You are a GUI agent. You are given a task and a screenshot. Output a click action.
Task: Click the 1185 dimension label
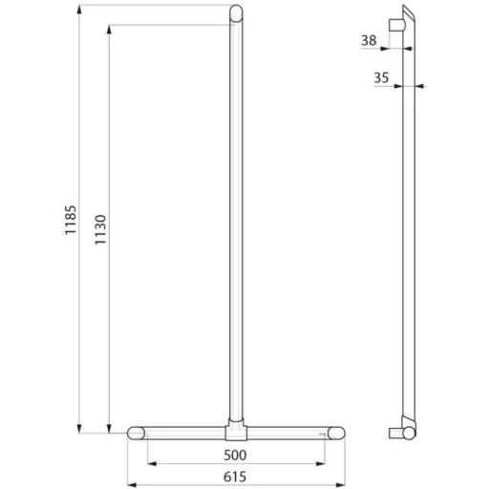coord(71,220)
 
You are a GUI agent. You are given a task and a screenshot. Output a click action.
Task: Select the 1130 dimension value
coord(100,229)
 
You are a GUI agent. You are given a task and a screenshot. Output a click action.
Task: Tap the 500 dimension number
coord(235,456)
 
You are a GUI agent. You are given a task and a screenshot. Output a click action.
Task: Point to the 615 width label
coord(235,477)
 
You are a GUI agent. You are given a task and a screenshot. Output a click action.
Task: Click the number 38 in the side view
coord(369,40)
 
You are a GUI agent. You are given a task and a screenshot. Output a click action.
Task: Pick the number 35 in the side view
coord(381,77)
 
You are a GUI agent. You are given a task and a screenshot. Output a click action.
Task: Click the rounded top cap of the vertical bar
coord(236,12)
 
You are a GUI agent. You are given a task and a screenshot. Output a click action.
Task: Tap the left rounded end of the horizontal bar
coord(137,434)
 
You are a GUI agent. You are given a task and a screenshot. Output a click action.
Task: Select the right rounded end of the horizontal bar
coord(336,434)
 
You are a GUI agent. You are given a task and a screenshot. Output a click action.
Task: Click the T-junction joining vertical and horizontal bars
coord(236,431)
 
